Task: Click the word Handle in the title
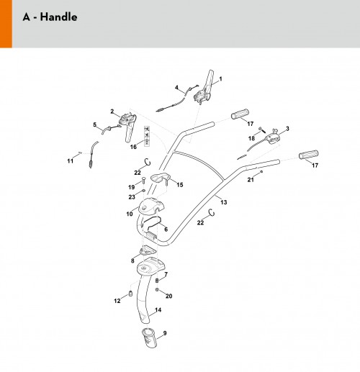click(58, 17)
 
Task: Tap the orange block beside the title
click(6, 24)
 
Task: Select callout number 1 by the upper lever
click(220, 78)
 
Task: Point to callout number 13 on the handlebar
click(224, 202)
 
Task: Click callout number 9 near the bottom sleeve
click(165, 333)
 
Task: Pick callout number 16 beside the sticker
click(133, 147)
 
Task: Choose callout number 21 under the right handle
click(251, 179)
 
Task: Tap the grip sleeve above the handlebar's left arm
click(240, 114)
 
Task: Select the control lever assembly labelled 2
click(127, 126)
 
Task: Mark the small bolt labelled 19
click(143, 180)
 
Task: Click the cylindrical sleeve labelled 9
click(149, 337)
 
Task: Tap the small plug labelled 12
click(130, 294)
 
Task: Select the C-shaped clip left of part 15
click(148, 162)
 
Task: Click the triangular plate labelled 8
click(148, 250)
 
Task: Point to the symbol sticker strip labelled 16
click(147, 136)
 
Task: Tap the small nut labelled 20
click(157, 290)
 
